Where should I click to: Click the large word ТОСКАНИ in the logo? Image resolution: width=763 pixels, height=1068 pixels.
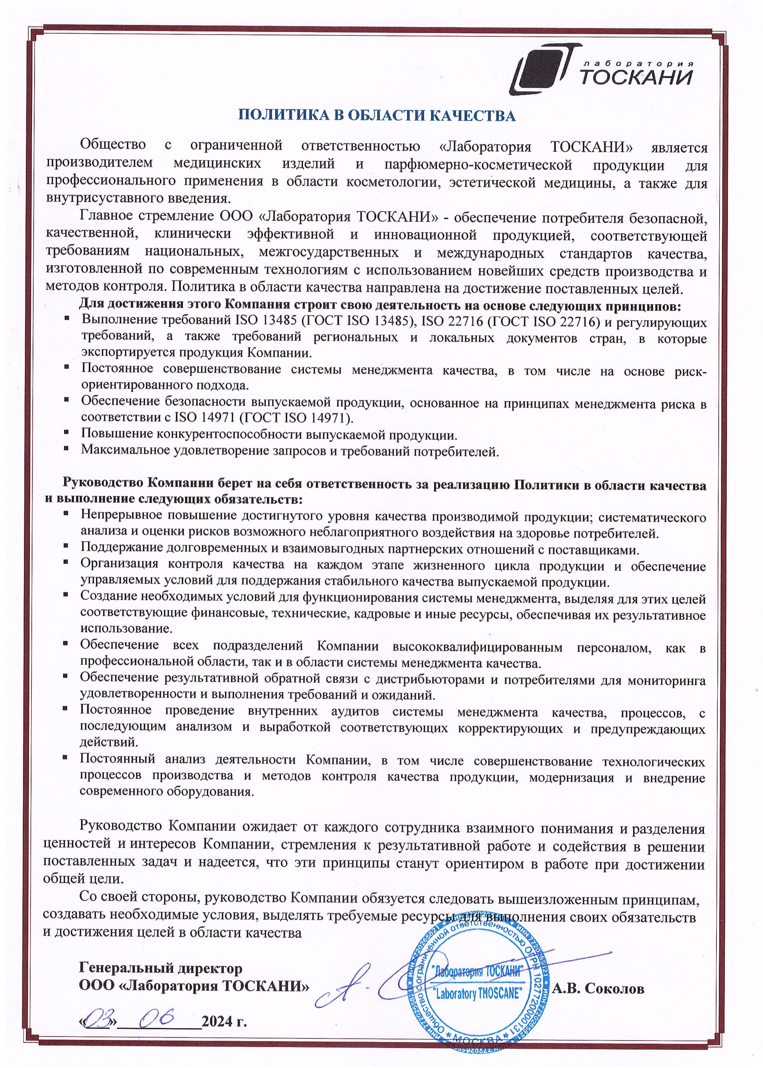tap(636, 78)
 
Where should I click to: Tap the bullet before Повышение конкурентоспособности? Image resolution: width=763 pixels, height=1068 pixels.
tap(67, 432)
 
